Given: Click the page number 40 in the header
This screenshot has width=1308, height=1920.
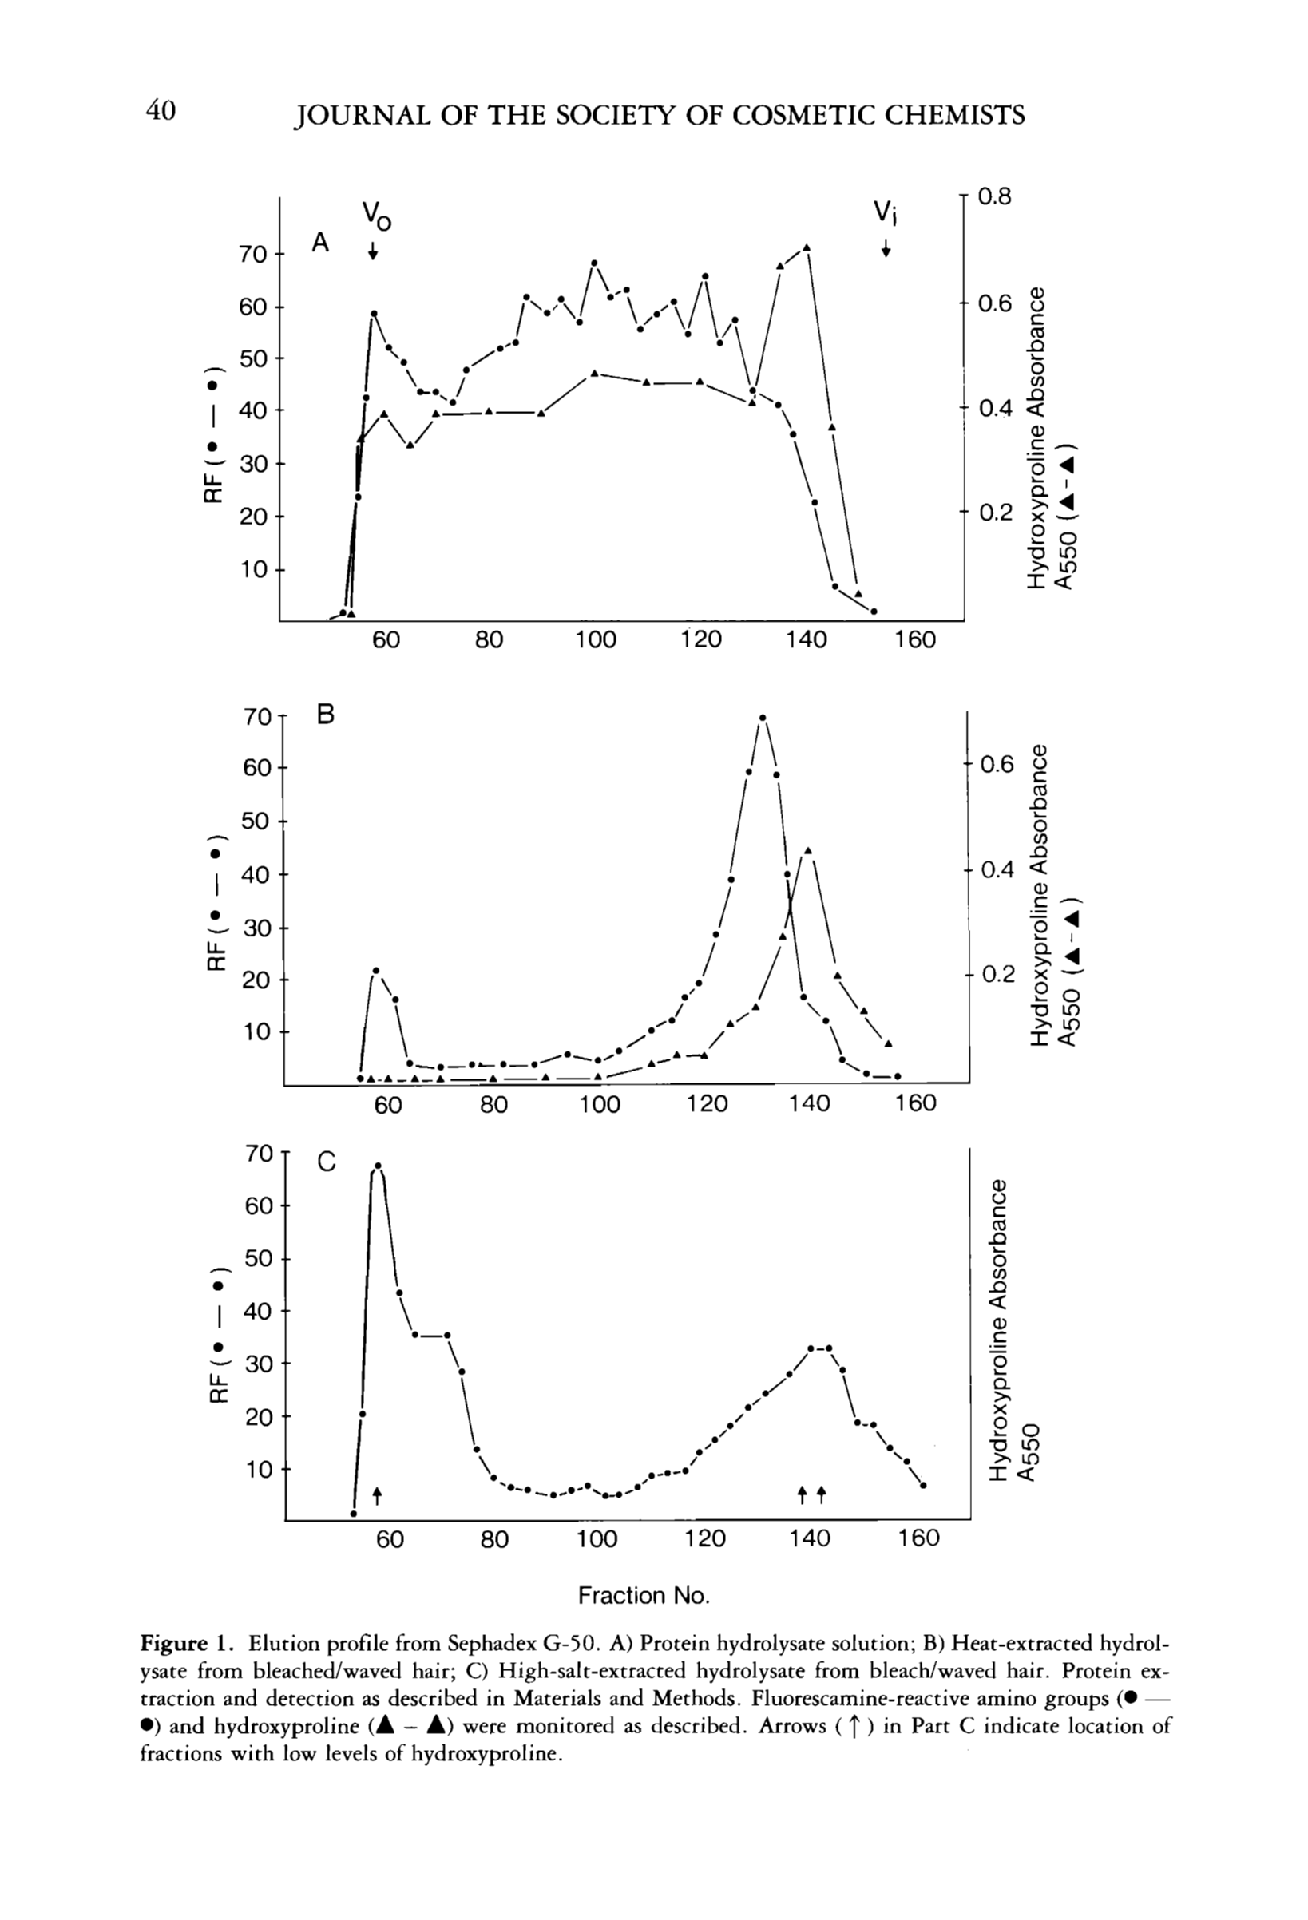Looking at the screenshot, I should [161, 111].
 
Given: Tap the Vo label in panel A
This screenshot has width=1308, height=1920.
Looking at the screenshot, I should [377, 216].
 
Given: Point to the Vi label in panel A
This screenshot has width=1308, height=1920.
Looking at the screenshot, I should [886, 213].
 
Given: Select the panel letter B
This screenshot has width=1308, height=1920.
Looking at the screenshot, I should [326, 715].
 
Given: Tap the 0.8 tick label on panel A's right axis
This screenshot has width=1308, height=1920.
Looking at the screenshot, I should [994, 197].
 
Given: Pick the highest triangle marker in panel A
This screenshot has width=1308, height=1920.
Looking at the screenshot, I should [806, 247].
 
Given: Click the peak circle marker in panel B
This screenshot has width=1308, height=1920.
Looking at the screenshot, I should [762, 718].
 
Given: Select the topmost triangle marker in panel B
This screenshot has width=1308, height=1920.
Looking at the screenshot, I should [807, 850].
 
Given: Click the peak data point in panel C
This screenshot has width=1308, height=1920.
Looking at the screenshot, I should [378, 1166].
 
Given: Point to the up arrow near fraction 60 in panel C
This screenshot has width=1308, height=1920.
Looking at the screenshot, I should [377, 1494].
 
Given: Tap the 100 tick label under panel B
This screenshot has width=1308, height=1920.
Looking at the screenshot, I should [599, 1104].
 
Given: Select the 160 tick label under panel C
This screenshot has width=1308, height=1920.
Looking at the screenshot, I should [919, 1538].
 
